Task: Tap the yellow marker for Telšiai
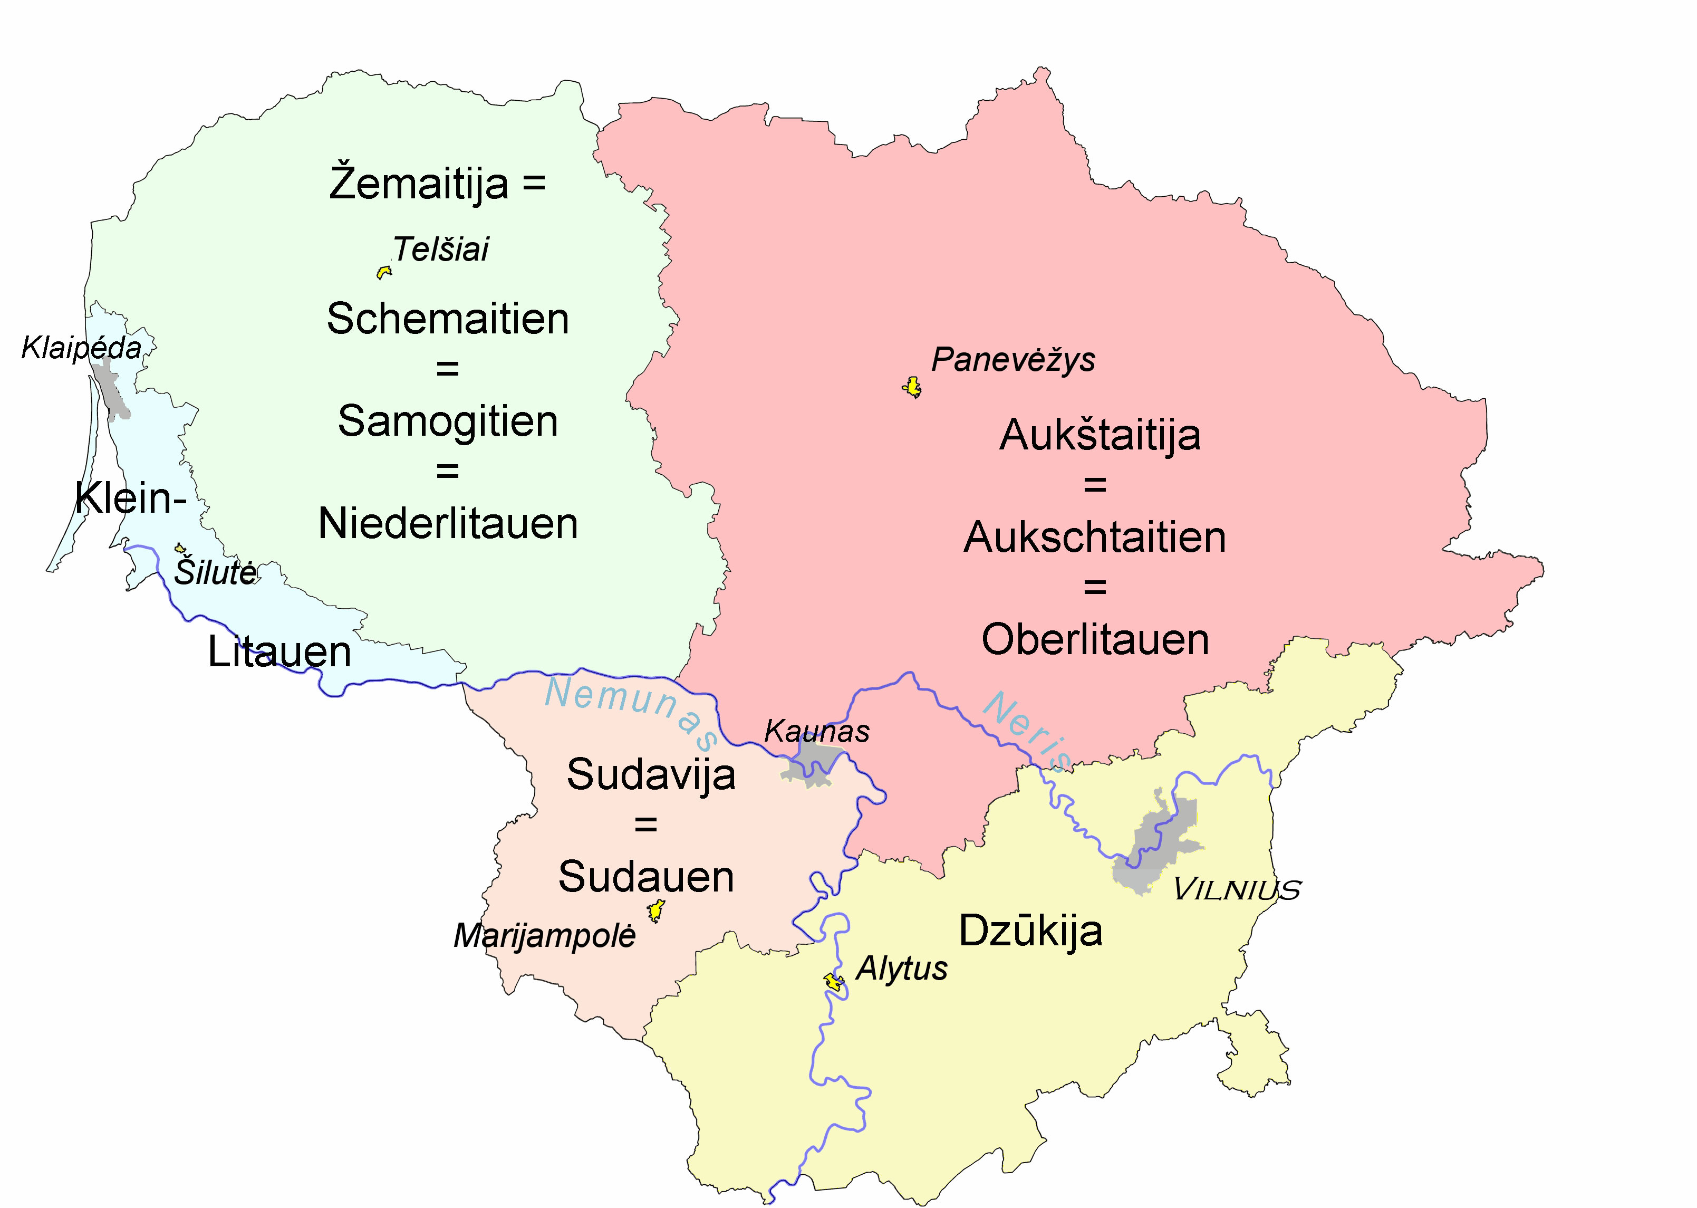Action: point(384,272)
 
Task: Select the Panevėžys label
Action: point(1013,360)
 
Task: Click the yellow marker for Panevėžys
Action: point(912,387)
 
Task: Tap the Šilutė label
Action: point(216,573)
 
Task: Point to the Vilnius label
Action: point(1237,889)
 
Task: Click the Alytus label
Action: point(901,969)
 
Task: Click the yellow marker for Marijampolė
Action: point(655,910)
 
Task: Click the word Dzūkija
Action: point(1030,931)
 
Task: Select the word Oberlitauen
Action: point(1095,640)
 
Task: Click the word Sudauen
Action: point(646,877)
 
